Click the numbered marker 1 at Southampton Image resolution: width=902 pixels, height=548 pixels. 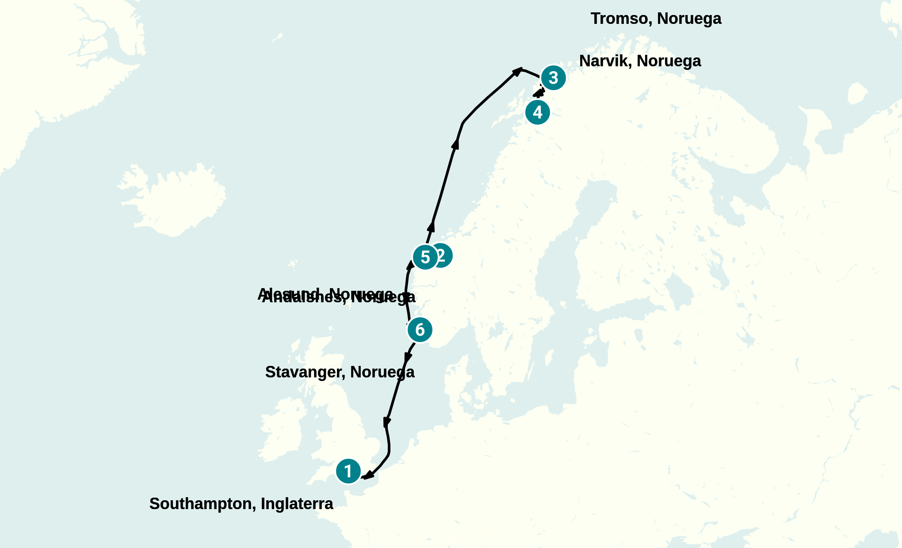pyautogui.click(x=348, y=471)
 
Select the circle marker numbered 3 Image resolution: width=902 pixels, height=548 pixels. pyautogui.click(x=553, y=78)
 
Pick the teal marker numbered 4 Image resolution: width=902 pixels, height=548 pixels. pyautogui.click(x=538, y=112)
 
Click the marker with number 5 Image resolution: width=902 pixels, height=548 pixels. pyautogui.click(x=425, y=257)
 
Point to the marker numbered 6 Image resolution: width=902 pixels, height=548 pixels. pyautogui.click(x=420, y=330)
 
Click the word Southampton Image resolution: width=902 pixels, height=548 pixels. pyautogui.click(x=203, y=504)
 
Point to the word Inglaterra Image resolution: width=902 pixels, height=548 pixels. pyautogui.click(x=297, y=504)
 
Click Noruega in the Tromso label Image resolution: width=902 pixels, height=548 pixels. pyautogui.click(x=689, y=19)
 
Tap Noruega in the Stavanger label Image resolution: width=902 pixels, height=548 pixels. pyautogui.click(x=382, y=372)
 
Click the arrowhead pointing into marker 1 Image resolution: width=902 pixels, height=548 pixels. pyautogui.click(x=367, y=476)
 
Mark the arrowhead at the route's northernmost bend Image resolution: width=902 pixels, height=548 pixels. pyautogui.click(x=517, y=71)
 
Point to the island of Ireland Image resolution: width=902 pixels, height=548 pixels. pyautogui.click(x=283, y=433)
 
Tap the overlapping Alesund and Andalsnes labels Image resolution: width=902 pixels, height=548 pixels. pyautogui.click(x=336, y=296)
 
